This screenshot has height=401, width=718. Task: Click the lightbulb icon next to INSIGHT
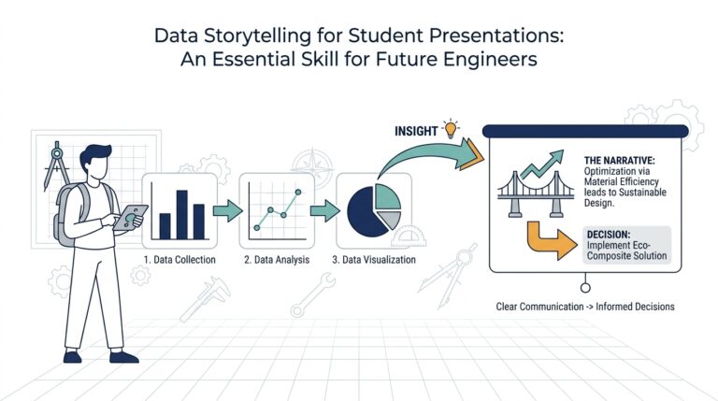[x=452, y=128]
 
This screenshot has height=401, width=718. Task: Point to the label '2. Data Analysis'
[x=274, y=259]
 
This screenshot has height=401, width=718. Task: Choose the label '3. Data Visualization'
[x=373, y=259]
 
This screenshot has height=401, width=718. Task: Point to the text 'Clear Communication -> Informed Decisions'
[x=585, y=306]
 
